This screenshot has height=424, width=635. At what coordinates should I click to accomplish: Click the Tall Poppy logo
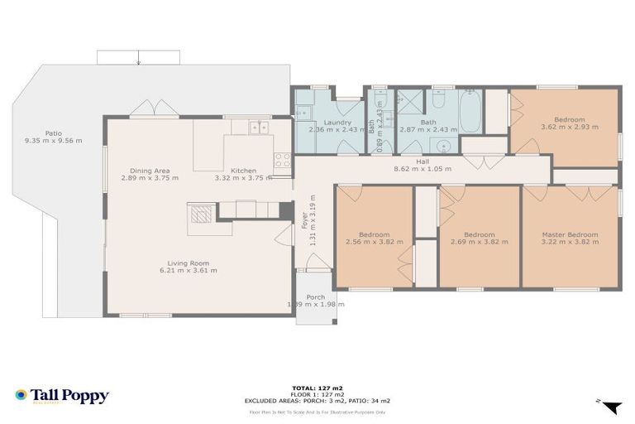click(62, 396)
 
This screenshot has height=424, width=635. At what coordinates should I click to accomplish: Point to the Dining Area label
click(150, 171)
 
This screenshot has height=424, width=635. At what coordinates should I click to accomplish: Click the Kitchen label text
click(243, 171)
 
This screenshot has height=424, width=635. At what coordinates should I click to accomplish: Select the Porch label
click(315, 297)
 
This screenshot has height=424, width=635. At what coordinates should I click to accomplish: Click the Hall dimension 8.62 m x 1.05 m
click(422, 168)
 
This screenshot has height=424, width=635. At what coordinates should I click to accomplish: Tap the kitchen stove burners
click(282, 159)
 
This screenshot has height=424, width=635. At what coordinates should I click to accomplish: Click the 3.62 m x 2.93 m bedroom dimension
click(569, 127)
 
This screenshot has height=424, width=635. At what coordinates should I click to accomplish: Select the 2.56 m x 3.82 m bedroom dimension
click(374, 242)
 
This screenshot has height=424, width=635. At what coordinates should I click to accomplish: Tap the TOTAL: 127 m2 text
click(317, 387)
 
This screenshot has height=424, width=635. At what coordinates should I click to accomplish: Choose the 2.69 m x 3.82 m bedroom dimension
click(479, 242)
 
